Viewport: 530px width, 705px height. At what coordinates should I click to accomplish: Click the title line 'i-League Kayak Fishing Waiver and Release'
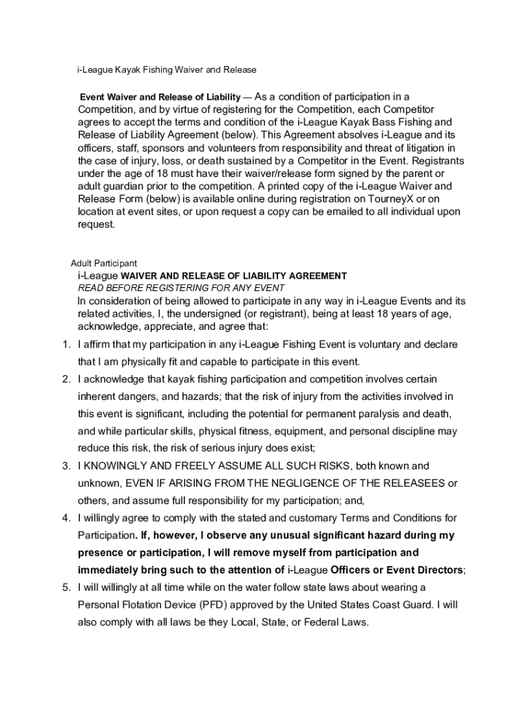(x=167, y=70)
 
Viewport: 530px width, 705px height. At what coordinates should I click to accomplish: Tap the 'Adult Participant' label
(x=104, y=263)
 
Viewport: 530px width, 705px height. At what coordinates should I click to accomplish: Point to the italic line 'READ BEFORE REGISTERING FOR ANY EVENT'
(x=181, y=288)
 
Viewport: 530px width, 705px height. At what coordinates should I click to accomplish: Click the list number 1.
(x=65, y=344)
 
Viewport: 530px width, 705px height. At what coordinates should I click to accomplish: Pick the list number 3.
(x=65, y=466)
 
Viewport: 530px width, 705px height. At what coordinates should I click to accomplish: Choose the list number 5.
(x=65, y=587)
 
